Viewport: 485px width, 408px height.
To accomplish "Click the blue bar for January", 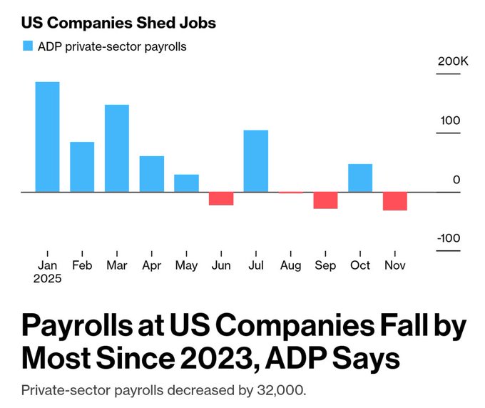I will pyautogui.click(x=48, y=137).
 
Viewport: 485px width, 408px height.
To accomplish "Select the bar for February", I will pyautogui.click(x=82, y=167).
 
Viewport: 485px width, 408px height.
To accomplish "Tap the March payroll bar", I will pyautogui.click(x=117, y=148).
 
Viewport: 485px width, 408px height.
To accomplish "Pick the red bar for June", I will pyautogui.click(x=221, y=198).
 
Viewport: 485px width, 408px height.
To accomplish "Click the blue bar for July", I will pyautogui.click(x=255, y=161).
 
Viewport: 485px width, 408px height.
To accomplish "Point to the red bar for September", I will pyautogui.click(x=325, y=200).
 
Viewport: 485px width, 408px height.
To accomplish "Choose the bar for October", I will pyautogui.click(x=360, y=178).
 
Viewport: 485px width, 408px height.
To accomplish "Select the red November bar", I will pyautogui.click(x=395, y=201).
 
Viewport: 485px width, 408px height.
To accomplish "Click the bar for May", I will pyautogui.click(x=186, y=183).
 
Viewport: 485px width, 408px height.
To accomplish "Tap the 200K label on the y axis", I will pyautogui.click(x=453, y=61).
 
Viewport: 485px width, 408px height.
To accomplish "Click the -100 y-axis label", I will pyautogui.click(x=449, y=238).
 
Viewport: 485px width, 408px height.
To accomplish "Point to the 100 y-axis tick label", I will pyautogui.click(x=450, y=121).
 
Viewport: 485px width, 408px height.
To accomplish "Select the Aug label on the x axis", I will pyautogui.click(x=290, y=265).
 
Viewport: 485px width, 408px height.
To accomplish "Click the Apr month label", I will pyautogui.click(x=151, y=265).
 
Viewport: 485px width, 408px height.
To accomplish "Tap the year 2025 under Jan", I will pyautogui.click(x=48, y=279).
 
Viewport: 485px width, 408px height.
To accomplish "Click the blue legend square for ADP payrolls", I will pyautogui.click(x=28, y=46).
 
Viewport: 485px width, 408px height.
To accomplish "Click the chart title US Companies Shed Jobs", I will pyautogui.click(x=118, y=23).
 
